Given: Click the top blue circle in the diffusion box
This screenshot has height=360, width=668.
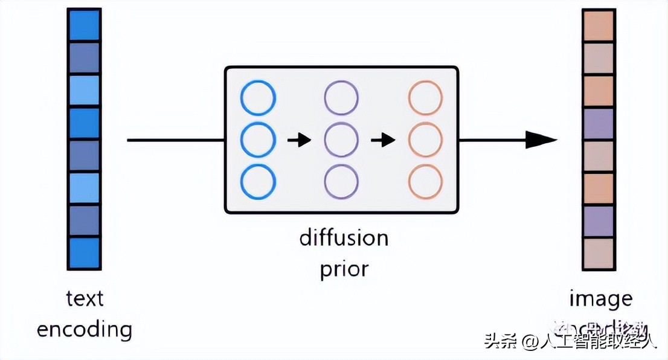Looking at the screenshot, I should (258, 98).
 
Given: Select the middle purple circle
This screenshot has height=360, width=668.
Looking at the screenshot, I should (341, 140).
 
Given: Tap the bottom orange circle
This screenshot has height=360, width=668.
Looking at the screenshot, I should (425, 181).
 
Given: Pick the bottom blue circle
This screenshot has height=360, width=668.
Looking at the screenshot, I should (258, 181).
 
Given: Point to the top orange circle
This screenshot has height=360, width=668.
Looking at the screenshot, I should (425, 98).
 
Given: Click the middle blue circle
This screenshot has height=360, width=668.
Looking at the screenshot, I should (258, 140).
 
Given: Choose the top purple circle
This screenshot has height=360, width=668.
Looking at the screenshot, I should (341, 98).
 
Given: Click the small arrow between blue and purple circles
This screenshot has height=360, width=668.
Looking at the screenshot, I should (299, 141).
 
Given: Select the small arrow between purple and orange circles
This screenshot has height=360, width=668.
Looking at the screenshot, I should (383, 141).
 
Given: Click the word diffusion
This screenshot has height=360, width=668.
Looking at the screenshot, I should (344, 237).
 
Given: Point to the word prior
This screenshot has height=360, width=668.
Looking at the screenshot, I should (344, 269).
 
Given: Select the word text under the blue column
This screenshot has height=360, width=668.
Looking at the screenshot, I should (85, 298).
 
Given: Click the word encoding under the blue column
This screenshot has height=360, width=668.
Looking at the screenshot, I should (85, 330).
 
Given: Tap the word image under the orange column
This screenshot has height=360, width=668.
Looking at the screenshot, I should (600, 298).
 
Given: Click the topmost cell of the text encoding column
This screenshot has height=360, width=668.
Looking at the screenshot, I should (84, 25).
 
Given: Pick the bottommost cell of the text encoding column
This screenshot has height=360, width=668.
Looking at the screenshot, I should (84, 253).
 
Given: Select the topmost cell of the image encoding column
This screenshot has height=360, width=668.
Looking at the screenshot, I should (599, 25).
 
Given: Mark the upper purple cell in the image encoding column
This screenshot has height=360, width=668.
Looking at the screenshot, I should (599, 124).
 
